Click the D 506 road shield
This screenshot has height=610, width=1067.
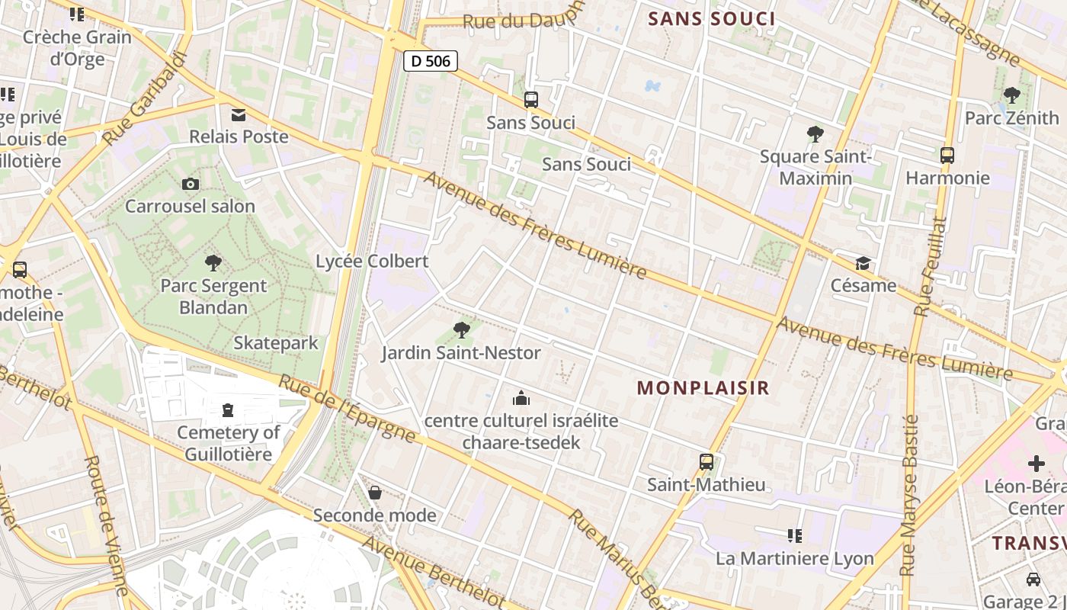tap(431, 61)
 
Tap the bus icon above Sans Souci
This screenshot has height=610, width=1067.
tap(531, 100)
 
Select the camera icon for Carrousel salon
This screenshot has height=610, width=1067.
tap(191, 184)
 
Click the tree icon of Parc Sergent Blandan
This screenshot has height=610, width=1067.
tap(213, 264)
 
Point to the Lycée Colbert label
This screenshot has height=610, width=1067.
tap(372, 261)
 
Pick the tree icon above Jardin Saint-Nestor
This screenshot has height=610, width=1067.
tap(461, 330)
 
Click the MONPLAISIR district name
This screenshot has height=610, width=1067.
tap(703, 387)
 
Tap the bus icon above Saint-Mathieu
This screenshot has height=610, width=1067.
tap(707, 462)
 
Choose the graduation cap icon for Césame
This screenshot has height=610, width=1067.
tap(863, 264)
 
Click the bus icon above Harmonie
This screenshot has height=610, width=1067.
tap(947, 156)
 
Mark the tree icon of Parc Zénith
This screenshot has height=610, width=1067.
tap(1012, 95)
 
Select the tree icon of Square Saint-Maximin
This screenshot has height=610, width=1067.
tap(815, 134)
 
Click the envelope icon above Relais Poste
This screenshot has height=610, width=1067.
tap(239, 115)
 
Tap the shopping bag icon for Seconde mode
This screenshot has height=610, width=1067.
tap(375, 493)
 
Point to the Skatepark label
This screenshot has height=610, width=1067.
tap(276, 343)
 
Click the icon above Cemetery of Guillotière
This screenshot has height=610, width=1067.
tap(228, 411)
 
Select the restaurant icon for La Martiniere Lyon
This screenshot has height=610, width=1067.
tap(795, 536)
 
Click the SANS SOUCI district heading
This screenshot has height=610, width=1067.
tap(711, 19)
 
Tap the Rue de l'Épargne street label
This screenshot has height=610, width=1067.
tap(347, 409)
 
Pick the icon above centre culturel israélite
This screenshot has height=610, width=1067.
tap(521, 398)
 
